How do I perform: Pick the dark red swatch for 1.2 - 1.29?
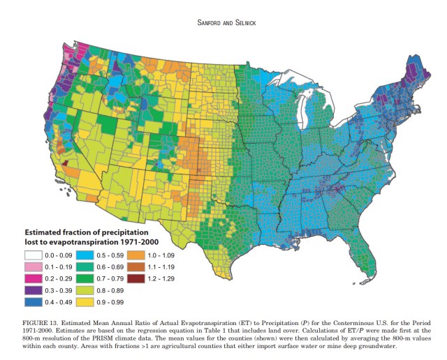pyautogui.click(x=136, y=278)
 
